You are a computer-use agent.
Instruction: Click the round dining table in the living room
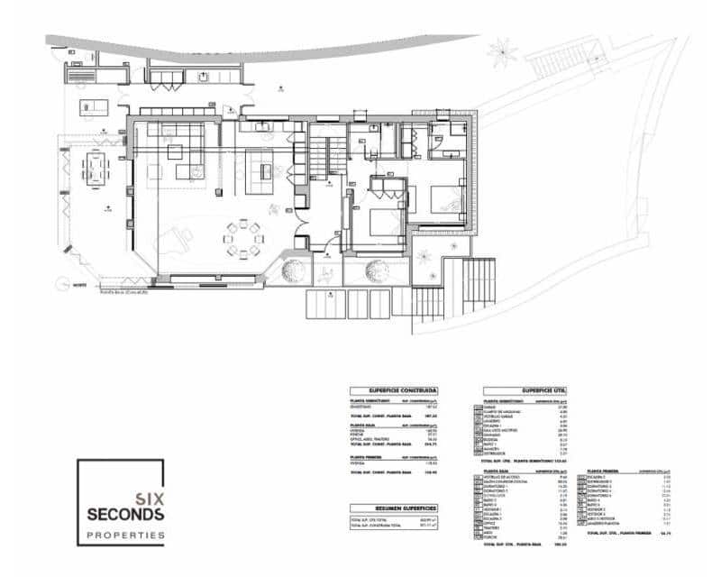click(x=244, y=239)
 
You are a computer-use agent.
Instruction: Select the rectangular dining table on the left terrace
click(x=95, y=169)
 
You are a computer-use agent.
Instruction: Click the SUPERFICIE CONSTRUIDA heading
click(x=393, y=390)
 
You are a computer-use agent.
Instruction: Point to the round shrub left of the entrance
click(x=296, y=270)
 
